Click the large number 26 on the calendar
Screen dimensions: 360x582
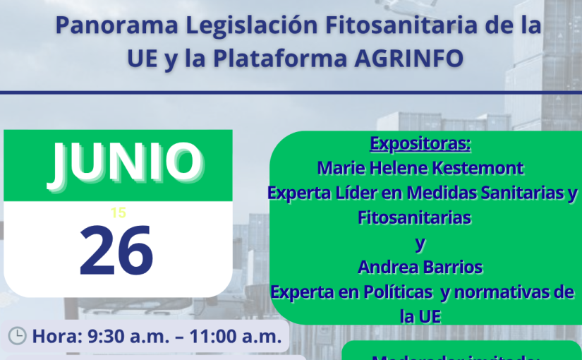(116, 250)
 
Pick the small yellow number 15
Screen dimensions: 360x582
(118, 212)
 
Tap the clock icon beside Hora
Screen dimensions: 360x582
(17, 336)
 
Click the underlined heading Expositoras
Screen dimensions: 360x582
(420, 145)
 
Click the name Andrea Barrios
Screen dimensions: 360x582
(420, 267)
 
